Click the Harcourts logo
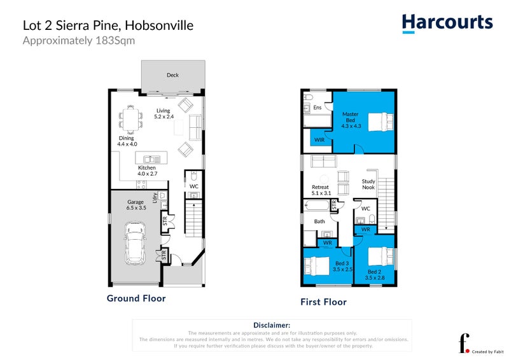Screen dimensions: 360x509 click(447, 23)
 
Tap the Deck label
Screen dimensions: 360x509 click(172, 75)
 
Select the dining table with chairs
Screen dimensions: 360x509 click(132, 119)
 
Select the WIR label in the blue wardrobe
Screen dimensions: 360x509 click(319, 139)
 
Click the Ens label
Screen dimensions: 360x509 click(317, 108)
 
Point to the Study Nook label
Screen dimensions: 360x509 click(368, 184)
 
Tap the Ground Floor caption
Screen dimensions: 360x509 click(136, 298)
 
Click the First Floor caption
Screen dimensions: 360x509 click(323, 302)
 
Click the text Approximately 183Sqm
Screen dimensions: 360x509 click(79, 41)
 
